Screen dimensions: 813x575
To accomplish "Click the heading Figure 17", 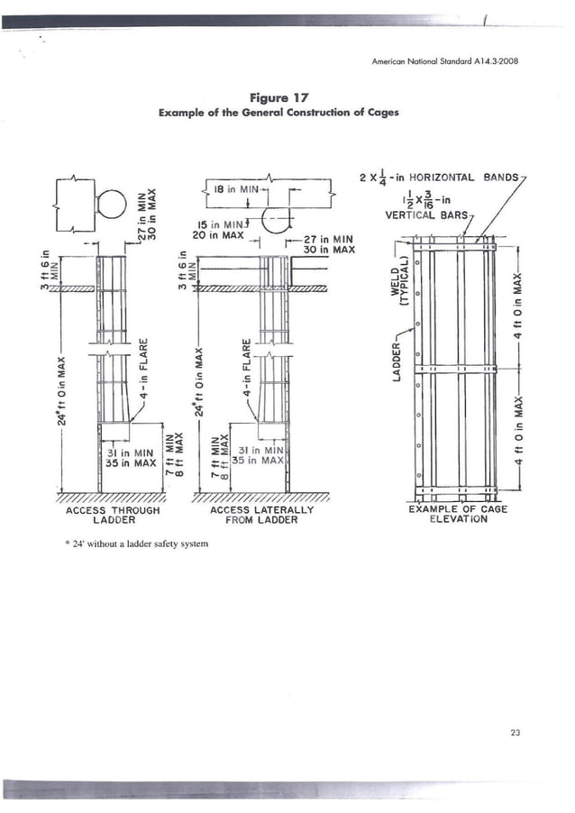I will [x=287, y=96].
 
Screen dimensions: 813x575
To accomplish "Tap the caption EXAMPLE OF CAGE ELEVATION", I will [x=457, y=515].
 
